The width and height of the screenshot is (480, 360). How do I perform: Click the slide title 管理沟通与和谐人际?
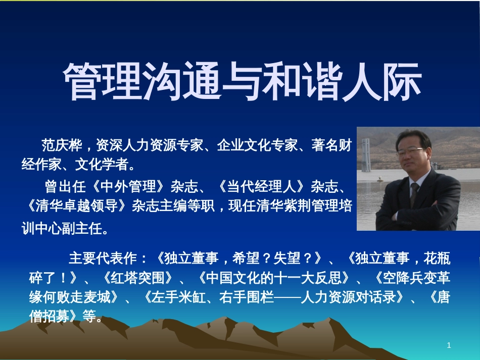tap(243, 81)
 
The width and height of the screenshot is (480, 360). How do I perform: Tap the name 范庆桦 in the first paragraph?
tap(62, 145)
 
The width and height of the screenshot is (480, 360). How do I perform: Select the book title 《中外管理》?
tap(128, 186)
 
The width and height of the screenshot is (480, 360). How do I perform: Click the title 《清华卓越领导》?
tap(76, 206)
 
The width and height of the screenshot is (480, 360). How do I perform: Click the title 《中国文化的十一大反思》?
tap(274, 278)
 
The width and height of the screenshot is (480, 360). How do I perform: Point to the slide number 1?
tap(449, 345)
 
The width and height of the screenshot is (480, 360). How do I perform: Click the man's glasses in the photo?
tap(411, 151)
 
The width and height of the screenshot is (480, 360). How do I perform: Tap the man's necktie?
tap(414, 194)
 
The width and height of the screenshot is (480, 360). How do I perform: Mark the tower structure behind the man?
tap(365, 155)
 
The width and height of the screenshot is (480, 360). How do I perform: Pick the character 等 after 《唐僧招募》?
tap(89, 316)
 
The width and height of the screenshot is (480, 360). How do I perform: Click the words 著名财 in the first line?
tap(331, 145)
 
